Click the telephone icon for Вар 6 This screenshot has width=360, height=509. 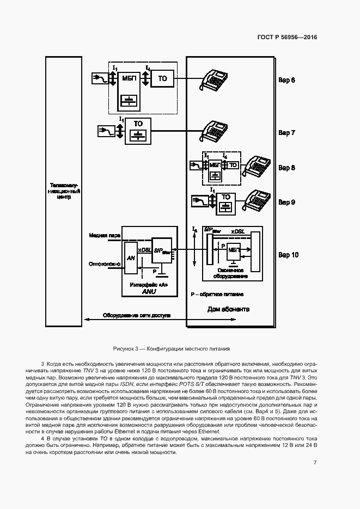coord(215,79)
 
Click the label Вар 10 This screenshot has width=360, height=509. coord(288,254)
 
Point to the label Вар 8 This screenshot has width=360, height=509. coord(287,168)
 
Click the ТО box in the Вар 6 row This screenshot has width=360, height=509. coord(163,79)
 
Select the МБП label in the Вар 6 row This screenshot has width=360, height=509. coord(130,78)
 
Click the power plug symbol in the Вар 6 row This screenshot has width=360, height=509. coord(100,79)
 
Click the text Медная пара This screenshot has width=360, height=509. coord(105,236)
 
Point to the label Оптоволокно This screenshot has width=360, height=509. coord(104,264)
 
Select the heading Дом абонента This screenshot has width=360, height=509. coord(228,309)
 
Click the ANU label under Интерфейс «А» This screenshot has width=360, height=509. coord(148,292)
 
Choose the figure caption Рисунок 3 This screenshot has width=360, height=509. coord(172,348)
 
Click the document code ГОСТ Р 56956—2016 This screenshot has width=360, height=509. coord(287,38)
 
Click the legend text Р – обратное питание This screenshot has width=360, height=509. coord(217,294)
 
